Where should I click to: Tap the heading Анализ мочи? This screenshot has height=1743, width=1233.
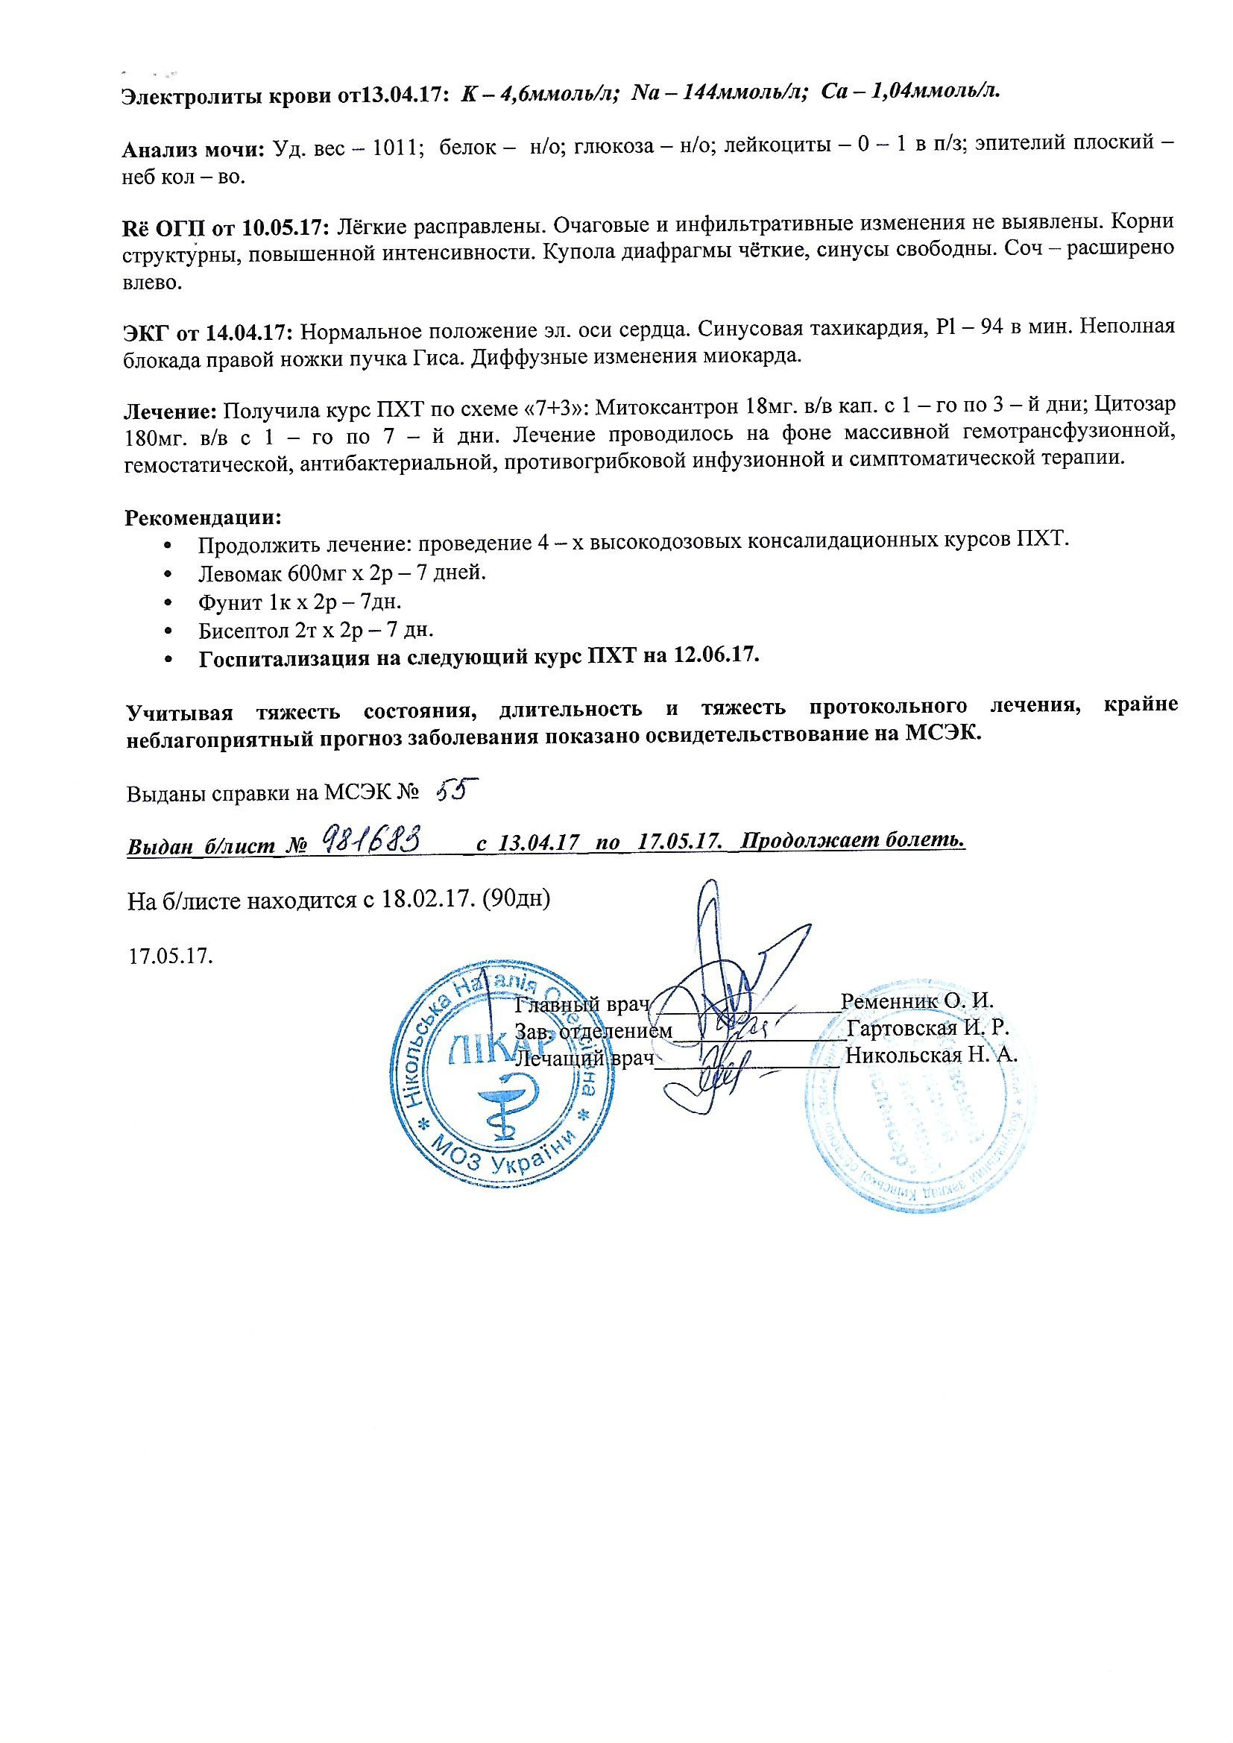194,149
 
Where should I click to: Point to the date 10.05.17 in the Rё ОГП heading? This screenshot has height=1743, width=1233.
285,225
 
